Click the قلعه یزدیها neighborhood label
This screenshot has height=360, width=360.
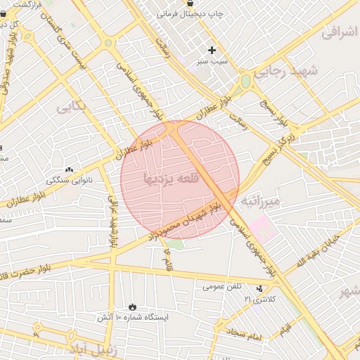tap(172, 179)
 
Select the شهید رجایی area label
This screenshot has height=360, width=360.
tap(285, 72)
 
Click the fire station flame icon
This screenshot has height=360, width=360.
tap(132, 306)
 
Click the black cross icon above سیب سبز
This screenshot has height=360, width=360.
tap(212, 50)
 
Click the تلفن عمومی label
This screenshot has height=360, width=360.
tap(222, 286)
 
